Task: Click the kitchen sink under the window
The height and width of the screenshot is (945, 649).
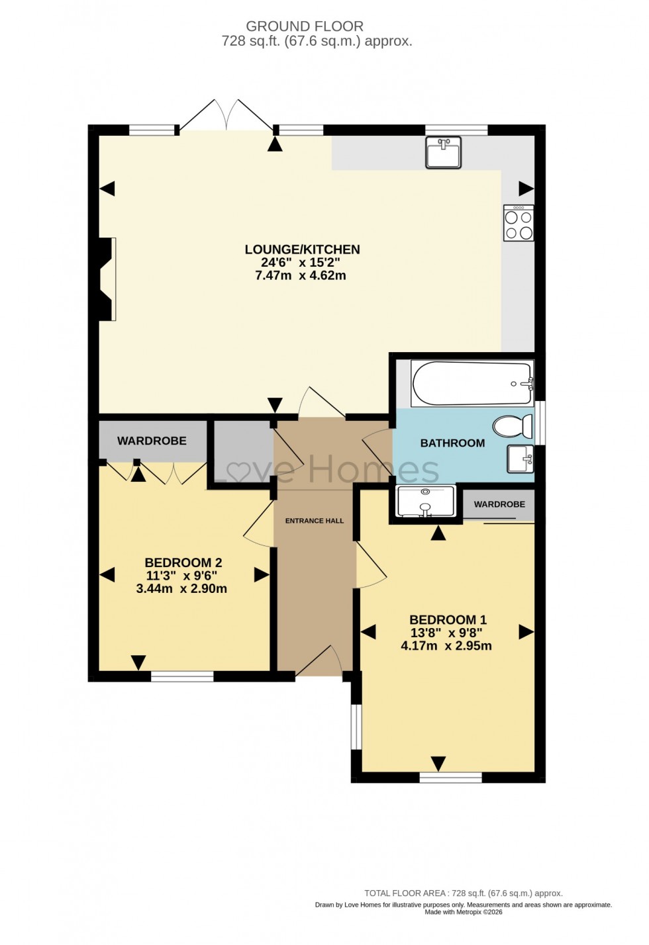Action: click(443, 153)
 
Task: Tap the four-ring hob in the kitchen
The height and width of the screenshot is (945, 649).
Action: click(518, 224)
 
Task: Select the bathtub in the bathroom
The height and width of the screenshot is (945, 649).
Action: click(472, 383)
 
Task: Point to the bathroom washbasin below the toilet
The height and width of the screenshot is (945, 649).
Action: click(521, 459)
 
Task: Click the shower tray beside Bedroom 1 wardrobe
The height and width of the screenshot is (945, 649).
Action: click(425, 501)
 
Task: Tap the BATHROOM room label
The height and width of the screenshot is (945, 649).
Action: click(452, 443)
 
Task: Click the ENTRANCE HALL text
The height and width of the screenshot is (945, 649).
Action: click(314, 521)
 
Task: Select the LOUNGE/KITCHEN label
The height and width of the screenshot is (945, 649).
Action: click(302, 249)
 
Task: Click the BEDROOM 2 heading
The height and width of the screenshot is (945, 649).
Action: click(183, 563)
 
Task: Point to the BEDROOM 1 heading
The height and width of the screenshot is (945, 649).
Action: click(448, 620)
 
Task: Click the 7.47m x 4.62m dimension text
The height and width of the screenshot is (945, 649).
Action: click(300, 275)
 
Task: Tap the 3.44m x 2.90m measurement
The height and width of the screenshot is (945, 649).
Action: click(181, 588)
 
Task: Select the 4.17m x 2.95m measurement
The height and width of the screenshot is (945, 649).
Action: click(446, 646)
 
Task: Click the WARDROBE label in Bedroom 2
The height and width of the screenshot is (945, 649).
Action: click(152, 441)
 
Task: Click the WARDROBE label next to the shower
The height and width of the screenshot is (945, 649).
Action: click(499, 504)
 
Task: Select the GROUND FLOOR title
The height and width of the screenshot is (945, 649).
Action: click(305, 26)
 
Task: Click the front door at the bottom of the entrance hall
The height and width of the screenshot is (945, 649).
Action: click(319, 664)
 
